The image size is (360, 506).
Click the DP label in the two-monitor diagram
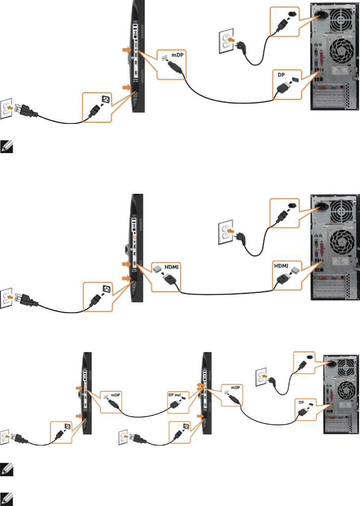tap(300, 402)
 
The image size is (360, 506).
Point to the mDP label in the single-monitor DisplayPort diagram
tap(178, 56)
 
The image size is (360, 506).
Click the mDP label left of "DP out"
tap(115, 395)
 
